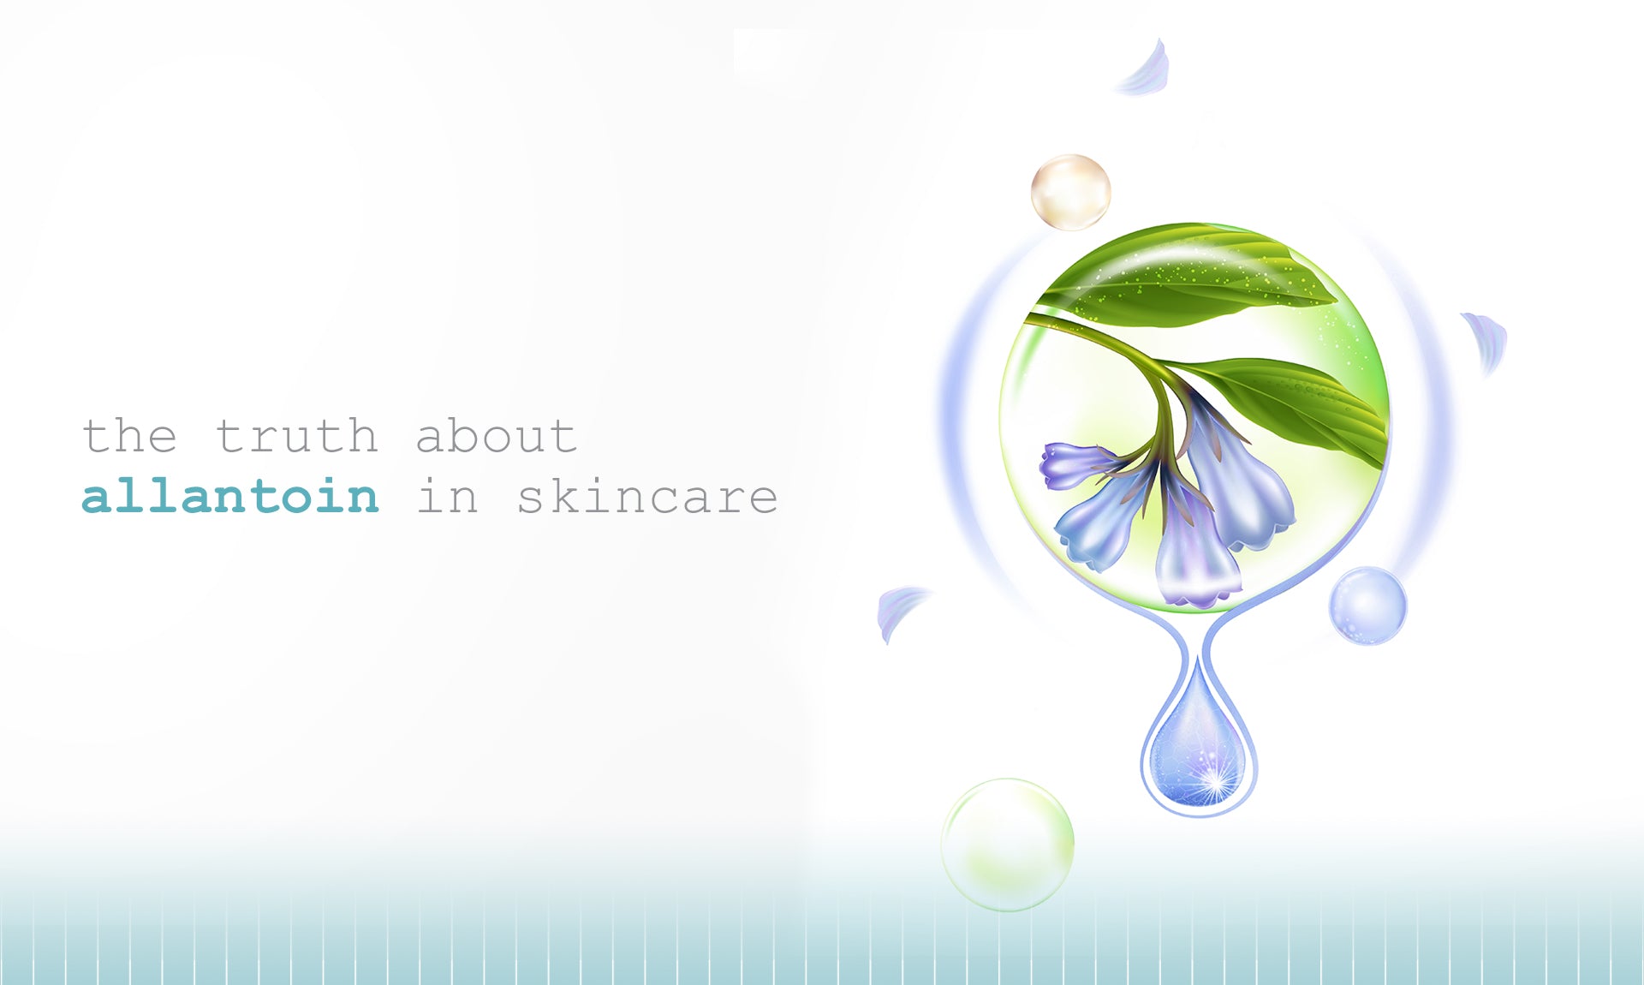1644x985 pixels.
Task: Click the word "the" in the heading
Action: tap(130, 436)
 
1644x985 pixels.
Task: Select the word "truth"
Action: tap(296, 436)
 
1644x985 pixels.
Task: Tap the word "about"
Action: tap(497, 436)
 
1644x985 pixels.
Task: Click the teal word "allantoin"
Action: tap(230, 496)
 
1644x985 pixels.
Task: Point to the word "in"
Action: tap(446, 496)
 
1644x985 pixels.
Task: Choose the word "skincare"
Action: tap(647, 496)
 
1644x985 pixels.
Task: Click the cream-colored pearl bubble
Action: tap(1070, 192)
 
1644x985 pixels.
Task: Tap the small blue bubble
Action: tap(1367, 606)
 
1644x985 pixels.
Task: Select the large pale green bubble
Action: tap(1007, 845)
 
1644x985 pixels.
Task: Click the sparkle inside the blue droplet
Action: tap(1214, 782)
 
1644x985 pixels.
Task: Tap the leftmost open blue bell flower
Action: tap(1105, 514)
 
